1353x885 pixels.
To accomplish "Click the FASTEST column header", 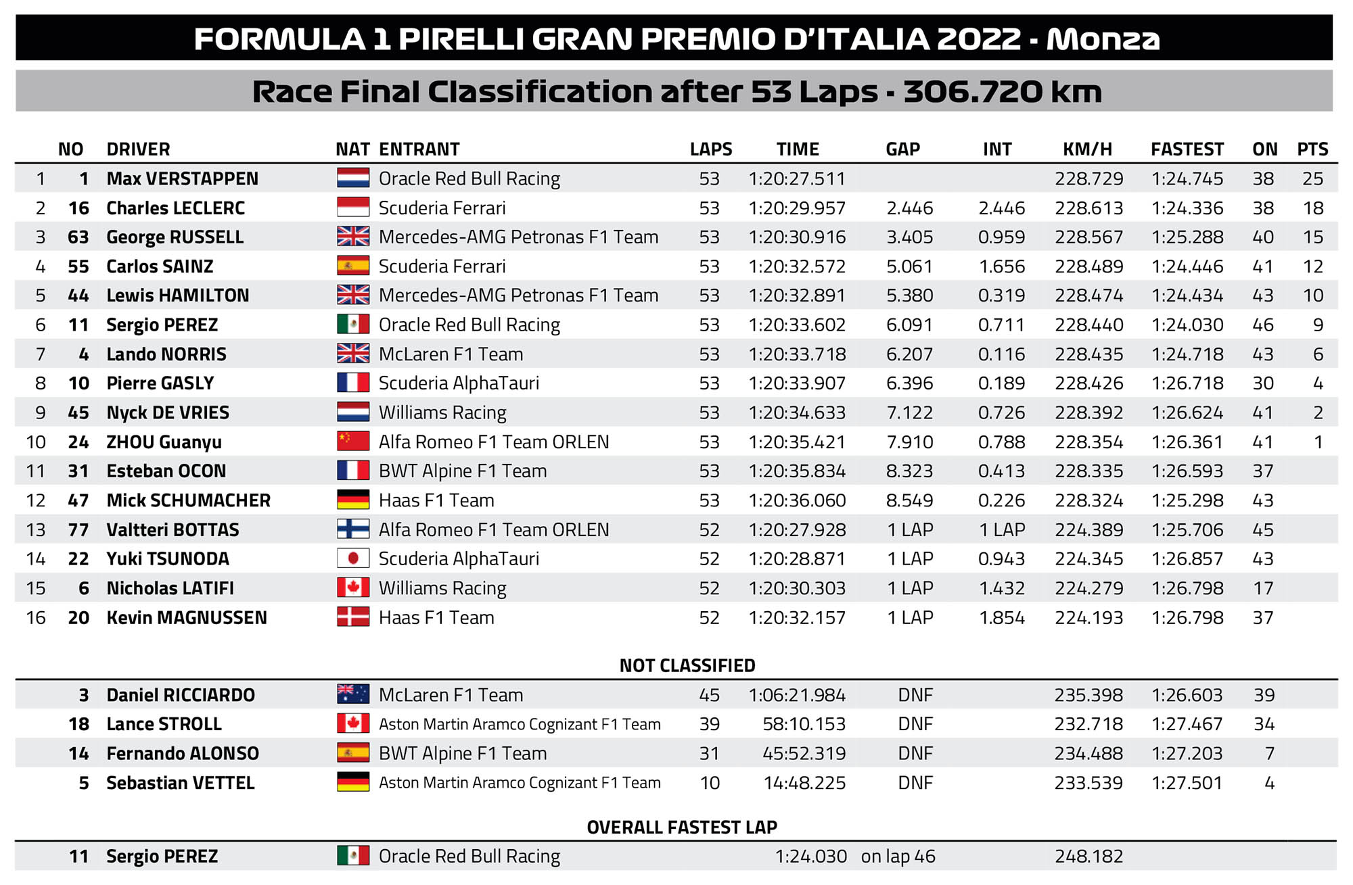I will [1187, 149].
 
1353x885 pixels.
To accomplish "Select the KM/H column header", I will [1087, 149].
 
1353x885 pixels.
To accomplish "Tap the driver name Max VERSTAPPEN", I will [182, 178].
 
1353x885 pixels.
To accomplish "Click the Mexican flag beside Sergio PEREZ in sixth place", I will [353, 325].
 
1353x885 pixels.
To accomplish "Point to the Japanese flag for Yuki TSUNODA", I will [353, 558].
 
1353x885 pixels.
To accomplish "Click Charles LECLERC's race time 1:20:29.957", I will [797, 208].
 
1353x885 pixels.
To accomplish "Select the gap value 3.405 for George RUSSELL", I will [909, 237].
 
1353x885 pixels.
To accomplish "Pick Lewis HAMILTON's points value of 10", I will [1312, 295].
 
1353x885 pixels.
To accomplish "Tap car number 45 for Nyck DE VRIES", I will [78, 412].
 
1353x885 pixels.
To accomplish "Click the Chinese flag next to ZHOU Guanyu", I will [353, 441].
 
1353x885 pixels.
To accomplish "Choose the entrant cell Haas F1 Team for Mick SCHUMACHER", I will [436, 500].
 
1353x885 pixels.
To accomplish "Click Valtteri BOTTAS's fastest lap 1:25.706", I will [1187, 529].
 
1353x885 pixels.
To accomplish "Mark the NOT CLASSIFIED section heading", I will [687, 665].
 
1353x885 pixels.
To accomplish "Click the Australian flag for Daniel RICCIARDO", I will [353, 694].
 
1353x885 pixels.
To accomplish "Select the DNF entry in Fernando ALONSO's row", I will [915, 753].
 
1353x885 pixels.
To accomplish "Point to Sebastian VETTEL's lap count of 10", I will [710, 783].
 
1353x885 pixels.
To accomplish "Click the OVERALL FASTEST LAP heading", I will [682, 827].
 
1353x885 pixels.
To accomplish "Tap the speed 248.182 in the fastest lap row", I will [1088, 857].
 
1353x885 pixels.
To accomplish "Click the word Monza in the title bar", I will [1103, 39].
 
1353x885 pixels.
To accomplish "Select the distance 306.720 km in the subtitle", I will [1003, 92].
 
